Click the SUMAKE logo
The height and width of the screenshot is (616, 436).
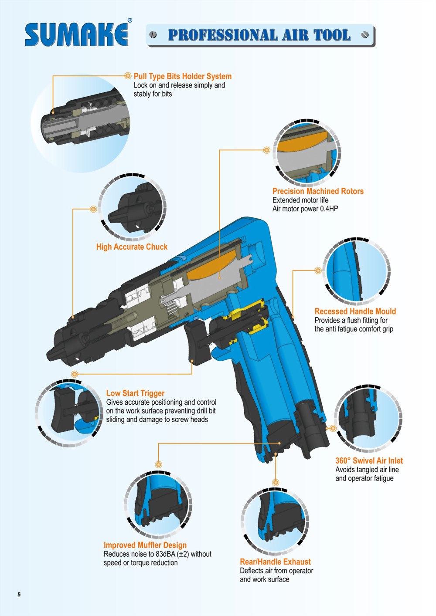click(76, 34)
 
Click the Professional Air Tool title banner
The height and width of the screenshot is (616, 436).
click(260, 35)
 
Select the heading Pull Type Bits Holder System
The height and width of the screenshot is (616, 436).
click(182, 76)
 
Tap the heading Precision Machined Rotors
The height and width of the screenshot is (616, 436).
click(318, 191)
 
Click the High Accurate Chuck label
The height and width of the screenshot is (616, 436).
click(132, 247)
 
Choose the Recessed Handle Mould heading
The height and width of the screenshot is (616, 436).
click(355, 311)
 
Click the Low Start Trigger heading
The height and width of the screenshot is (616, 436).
click(135, 393)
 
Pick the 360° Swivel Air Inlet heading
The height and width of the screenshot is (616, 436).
click(369, 461)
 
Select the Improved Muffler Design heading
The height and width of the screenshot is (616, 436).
click(145, 545)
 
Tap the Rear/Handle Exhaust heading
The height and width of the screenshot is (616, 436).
click(275, 562)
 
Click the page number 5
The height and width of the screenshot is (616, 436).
click(19, 594)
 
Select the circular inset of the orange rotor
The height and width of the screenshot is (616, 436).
click(307, 152)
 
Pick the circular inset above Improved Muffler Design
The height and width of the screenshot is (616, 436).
click(158, 504)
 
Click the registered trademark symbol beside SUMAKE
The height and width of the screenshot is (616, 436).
click(129, 20)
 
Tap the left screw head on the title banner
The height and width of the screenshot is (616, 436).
click(153, 35)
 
